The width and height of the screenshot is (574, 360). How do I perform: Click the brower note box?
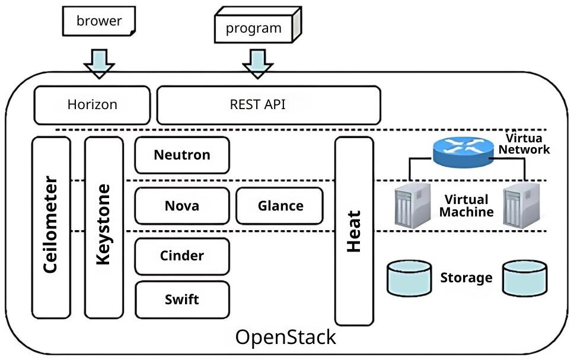pyautogui.click(x=99, y=21)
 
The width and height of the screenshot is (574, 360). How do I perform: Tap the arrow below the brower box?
pyautogui.click(x=99, y=62)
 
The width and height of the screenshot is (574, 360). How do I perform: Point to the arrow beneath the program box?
pyautogui.click(x=257, y=62)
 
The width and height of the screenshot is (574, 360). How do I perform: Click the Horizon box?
pyautogui.click(x=92, y=105)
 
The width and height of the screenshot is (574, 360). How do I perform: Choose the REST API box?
pyautogui.click(x=268, y=105)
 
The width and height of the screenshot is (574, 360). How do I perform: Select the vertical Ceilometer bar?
pyautogui.click(x=51, y=227)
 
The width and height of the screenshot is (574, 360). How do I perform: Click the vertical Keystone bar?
pyautogui.click(x=104, y=227)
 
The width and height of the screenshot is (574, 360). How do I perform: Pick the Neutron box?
pyautogui.click(x=182, y=155)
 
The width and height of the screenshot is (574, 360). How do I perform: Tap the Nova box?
pyautogui.click(x=182, y=206)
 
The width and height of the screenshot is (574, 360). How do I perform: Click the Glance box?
pyautogui.click(x=280, y=206)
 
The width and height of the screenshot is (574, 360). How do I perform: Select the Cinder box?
pyautogui.click(x=182, y=256)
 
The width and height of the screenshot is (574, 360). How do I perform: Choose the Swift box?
pyautogui.click(x=182, y=300)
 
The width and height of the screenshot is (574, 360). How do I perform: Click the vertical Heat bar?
pyautogui.click(x=355, y=231)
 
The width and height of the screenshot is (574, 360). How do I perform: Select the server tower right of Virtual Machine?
pyautogui.click(x=520, y=205)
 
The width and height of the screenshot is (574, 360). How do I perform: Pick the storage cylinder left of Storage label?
pyautogui.click(x=410, y=278)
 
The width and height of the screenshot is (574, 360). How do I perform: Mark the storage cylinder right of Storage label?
pyautogui.click(x=525, y=278)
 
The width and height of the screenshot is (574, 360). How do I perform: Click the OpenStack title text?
pyautogui.click(x=285, y=337)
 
